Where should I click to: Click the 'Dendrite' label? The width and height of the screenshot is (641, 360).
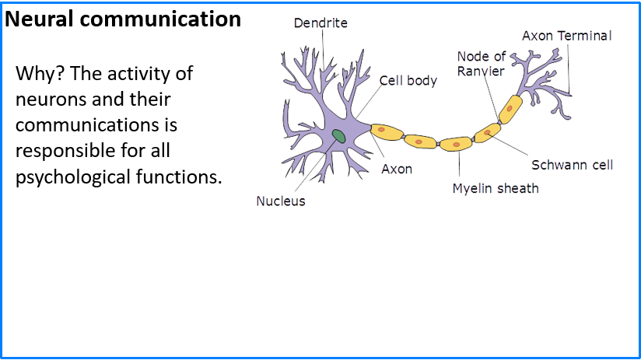(x=320, y=23)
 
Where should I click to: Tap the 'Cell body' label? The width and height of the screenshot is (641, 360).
(x=408, y=80)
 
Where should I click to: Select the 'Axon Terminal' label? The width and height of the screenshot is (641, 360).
(x=566, y=36)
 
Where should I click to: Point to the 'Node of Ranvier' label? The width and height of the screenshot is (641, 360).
(x=482, y=63)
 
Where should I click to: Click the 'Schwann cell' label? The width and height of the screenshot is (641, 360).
(x=572, y=165)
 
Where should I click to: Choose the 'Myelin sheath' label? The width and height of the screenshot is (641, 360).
(x=496, y=188)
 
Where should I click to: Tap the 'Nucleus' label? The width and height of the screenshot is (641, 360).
(x=281, y=201)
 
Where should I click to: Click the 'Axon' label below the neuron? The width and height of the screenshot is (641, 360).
(x=397, y=169)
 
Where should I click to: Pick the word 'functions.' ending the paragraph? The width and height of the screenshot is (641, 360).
(x=184, y=176)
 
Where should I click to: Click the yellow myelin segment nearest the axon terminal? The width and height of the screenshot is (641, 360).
(x=510, y=109)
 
